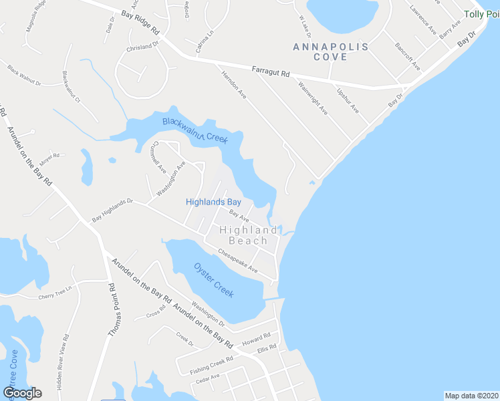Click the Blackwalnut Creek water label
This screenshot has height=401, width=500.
[x=195, y=130]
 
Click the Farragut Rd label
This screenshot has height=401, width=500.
[x=270, y=71]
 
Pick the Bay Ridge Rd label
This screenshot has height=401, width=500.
[x=141, y=22]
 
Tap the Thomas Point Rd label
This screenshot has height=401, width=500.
[x=112, y=309]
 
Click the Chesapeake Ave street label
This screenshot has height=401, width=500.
[x=237, y=261]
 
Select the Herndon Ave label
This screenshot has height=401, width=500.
[x=234, y=86]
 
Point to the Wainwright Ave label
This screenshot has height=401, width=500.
[x=313, y=98]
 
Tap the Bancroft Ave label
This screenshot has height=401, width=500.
[x=407, y=58]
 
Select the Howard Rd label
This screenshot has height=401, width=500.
[x=256, y=339]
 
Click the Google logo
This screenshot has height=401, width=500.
[x=22, y=393]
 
